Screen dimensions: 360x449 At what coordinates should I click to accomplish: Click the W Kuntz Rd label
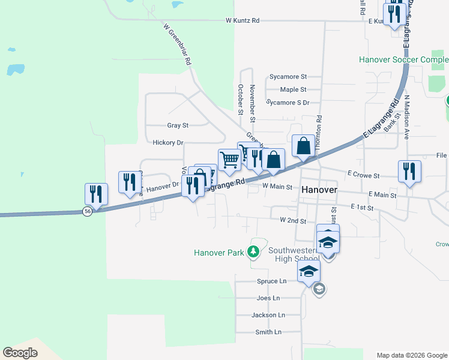(243, 20)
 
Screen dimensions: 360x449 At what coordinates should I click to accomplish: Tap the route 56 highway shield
(88, 212)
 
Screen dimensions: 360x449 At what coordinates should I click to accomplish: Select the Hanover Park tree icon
(255, 251)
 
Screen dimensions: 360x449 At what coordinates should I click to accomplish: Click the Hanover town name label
(319, 189)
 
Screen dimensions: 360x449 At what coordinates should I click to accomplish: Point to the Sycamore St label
(288, 77)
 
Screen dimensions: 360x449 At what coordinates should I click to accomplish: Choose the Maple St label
(294, 89)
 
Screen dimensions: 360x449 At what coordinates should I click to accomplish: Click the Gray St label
(178, 125)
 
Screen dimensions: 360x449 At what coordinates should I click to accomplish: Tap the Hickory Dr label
(167, 143)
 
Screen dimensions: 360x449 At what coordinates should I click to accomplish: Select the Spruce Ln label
(271, 281)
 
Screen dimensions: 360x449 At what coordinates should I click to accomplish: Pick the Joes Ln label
(268, 298)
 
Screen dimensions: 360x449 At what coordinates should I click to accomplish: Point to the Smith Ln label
(268, 332)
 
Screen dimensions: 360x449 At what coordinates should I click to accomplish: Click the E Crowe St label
(364, 175)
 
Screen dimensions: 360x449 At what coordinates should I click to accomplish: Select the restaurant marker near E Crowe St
(409, 172)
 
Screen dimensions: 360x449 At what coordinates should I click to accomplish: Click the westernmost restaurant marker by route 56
(96, 194)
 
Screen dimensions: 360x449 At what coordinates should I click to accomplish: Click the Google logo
(20, 353)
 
